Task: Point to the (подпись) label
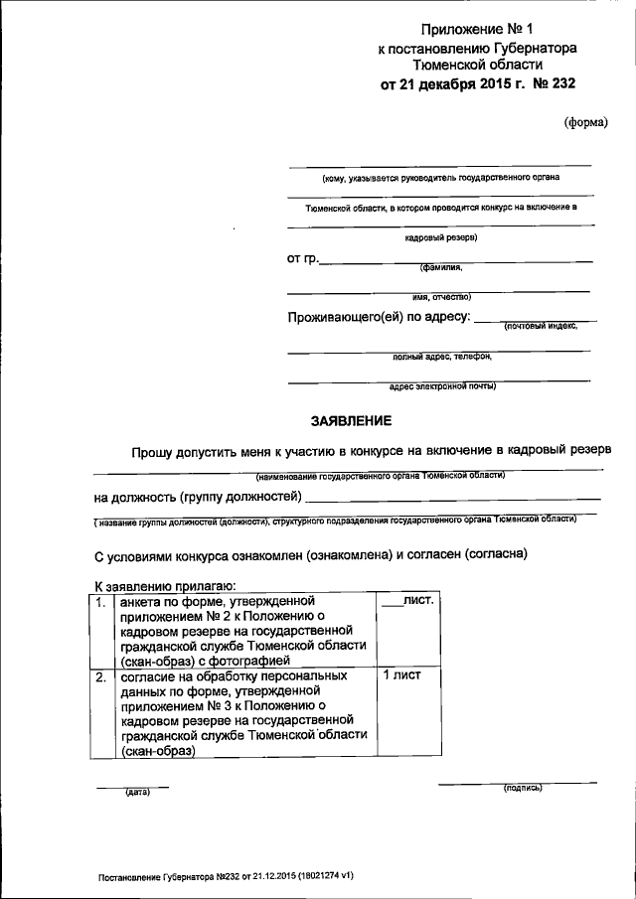[x=523, y=788]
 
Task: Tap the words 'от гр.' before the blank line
[x=302, y=259]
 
